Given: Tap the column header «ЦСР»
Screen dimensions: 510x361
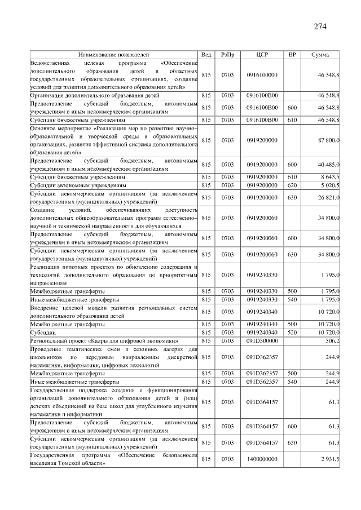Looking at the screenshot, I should coord(262,55).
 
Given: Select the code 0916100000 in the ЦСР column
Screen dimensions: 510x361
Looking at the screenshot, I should coord(262,74).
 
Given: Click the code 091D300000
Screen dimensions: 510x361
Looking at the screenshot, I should coord(262,341).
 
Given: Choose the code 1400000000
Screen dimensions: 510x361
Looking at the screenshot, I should coord(262,459).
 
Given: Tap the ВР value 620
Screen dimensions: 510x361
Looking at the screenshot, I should coord(292,185).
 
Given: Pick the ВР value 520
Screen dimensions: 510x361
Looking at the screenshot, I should coord(292,332).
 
